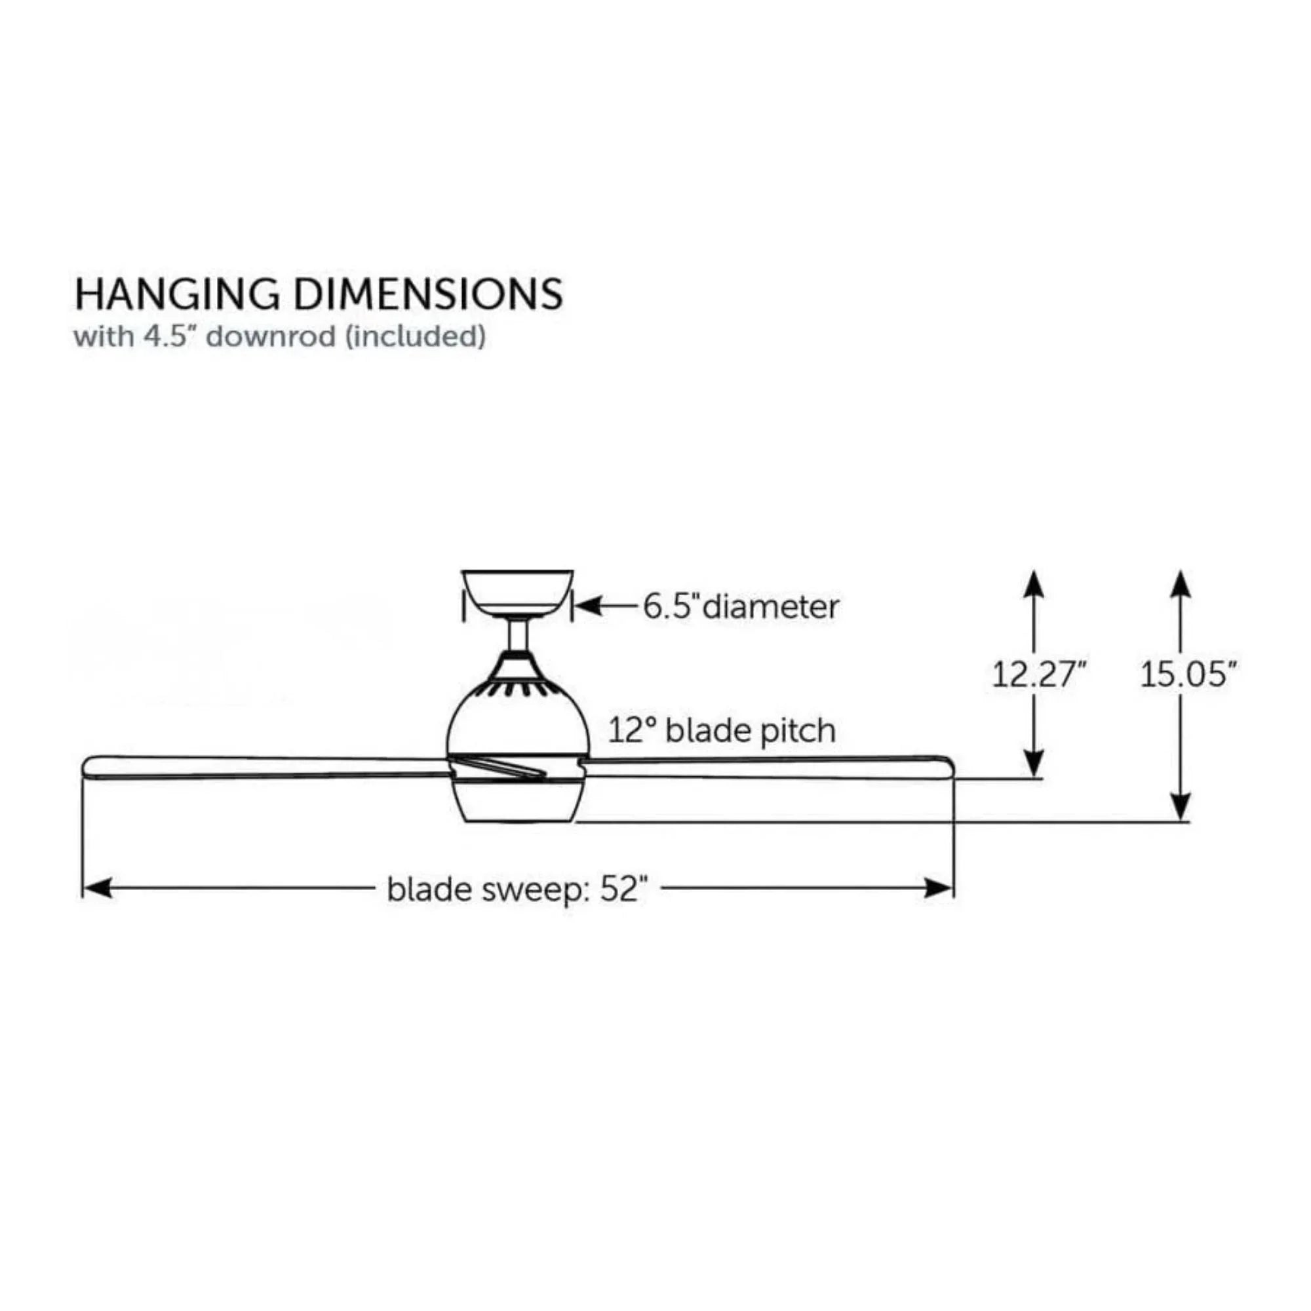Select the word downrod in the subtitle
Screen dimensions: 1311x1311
[x=271, y=336]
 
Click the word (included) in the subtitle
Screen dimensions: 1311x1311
[x=416, y=336]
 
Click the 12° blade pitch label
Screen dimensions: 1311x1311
[x=721, y=731]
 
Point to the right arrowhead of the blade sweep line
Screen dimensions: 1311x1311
[x=939, y=888]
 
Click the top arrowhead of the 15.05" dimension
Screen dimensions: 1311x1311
[x=1181, y=584]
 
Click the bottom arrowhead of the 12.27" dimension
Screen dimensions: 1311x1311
[x=1033, y=763]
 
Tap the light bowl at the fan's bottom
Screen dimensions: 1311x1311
[x=519, y=804]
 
